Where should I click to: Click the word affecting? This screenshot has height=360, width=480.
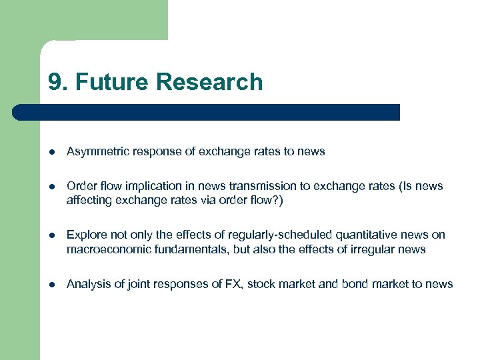(88, 200)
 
